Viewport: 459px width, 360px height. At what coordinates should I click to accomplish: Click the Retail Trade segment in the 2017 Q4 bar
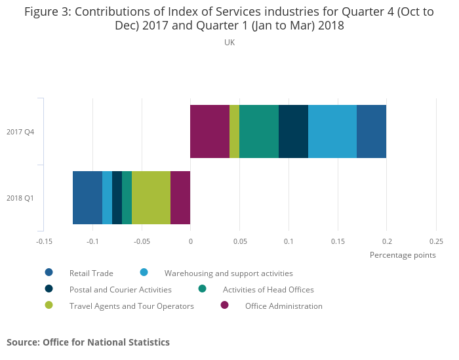371,131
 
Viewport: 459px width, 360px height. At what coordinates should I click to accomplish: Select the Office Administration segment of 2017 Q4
210,131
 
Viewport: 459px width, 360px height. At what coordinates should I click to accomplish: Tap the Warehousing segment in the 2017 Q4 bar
332,131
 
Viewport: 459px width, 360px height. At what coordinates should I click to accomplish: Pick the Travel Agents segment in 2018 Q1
151,197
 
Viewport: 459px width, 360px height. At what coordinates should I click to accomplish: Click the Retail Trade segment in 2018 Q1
87,197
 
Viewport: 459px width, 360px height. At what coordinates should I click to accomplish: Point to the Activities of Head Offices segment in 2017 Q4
259,131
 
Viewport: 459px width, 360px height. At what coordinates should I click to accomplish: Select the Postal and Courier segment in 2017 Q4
293,131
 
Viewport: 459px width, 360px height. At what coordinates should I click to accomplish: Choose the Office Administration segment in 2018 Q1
180,197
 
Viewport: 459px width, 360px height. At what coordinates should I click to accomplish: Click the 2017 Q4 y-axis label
20,132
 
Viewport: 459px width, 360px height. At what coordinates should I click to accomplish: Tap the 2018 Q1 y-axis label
20,198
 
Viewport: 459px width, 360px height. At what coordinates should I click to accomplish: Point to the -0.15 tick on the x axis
44,241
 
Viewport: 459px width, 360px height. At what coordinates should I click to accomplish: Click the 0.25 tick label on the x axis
436,241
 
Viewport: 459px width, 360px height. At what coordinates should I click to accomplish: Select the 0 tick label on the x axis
190,241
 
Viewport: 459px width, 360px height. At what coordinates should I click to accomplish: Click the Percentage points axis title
403,255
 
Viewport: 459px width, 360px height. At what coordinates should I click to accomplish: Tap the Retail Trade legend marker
49,272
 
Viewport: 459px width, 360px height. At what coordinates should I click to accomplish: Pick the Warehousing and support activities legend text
228,273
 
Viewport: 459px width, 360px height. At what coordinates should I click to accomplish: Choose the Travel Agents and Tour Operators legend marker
49,305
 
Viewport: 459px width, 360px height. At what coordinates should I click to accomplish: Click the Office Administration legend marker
224,305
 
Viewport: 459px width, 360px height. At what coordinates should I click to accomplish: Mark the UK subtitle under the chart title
229,43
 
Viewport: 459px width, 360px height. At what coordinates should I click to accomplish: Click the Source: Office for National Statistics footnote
88,342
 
